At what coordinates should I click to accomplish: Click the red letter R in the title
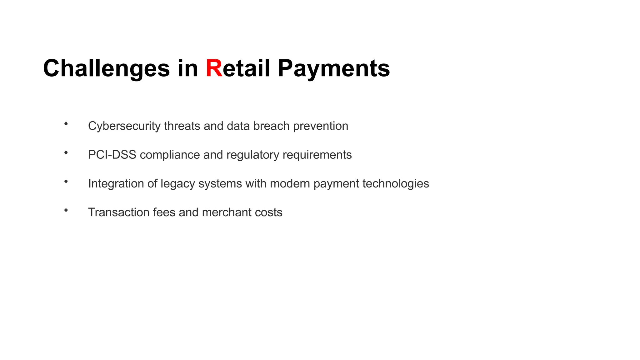click(214, 68)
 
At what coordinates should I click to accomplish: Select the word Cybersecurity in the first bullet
click(124, 126)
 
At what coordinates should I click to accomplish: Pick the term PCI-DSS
click(112, 155)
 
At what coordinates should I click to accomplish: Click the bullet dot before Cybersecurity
click(66, 124)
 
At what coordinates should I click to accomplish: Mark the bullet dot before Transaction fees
click(66, 210)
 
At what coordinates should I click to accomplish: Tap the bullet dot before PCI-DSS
click(66, 153)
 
